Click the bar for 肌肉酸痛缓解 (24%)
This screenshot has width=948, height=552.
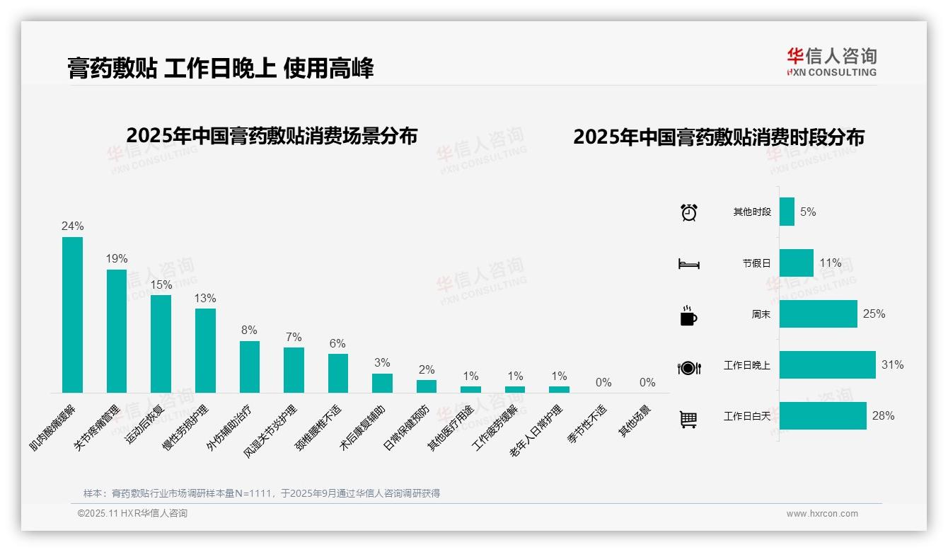[x=72, y=314]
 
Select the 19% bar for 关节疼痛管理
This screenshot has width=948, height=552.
[x=117, y=330]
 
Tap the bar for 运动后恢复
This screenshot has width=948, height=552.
[x=161, y=343]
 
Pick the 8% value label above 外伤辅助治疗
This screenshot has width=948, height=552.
[x=249, y=330]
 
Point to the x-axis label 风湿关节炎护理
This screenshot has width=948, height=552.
[x=270, y=432]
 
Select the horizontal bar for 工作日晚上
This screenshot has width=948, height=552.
[x=827, y=365]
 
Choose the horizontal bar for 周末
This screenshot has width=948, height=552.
[x=818, y=314]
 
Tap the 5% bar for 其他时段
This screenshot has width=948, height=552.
[x=787, y=212]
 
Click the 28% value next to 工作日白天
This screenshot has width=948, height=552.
[x=883, y=416]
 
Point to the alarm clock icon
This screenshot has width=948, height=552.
[x=688, y=212]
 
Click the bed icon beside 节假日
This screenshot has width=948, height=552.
[x=688, y=264]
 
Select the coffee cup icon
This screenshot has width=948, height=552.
[x=688, y=316]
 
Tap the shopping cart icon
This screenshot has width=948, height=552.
[x=688, y=419]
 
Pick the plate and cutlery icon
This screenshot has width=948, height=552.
[x=688, y=367]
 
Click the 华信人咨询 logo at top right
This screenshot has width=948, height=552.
[x=831, y=62]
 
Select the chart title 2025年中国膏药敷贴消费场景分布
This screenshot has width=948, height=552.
[x=272, y=135]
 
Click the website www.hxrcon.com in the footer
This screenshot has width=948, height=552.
[x=822, y=514]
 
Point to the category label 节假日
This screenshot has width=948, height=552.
[x=756, y=263]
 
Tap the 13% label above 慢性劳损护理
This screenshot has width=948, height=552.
[x=205, y=299]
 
